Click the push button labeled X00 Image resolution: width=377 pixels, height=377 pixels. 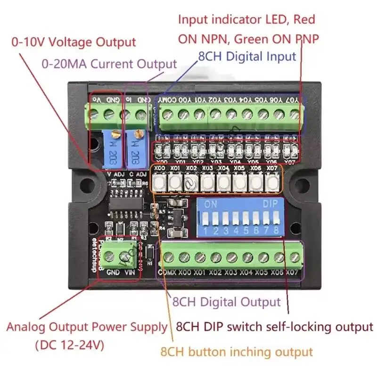tap(159, 181)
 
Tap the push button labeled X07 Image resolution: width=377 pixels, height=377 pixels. tap(271, 181)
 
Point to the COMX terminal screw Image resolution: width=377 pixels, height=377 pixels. tap(168, 257)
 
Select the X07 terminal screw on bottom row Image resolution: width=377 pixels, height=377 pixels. tap(294, 257)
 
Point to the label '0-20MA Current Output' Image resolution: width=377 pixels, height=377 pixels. tap(109, 64)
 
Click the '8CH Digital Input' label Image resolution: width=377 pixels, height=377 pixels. tap(247, 57)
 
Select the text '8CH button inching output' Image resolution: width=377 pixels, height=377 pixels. tap(237, 352)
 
